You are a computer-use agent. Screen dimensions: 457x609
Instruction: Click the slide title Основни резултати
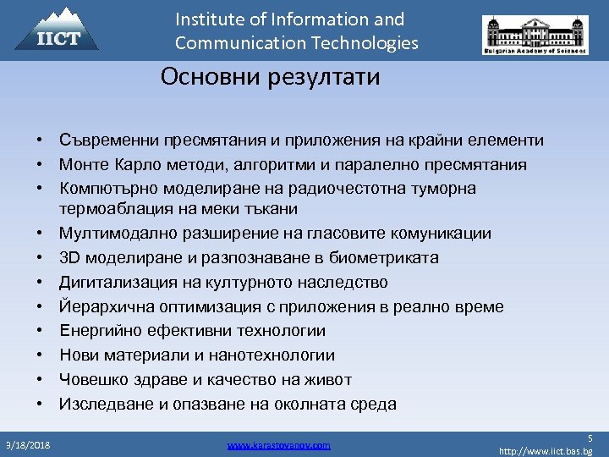pyautogui.click(x=271, y=78)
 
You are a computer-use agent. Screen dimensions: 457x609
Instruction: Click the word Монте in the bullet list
pyautogui.click(x=83, y=164)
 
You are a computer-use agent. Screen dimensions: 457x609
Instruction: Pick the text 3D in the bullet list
pyautogui.click(x=69, y=257)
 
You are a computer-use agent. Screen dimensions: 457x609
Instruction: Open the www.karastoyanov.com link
pyautogui.click(x=279, y=445)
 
